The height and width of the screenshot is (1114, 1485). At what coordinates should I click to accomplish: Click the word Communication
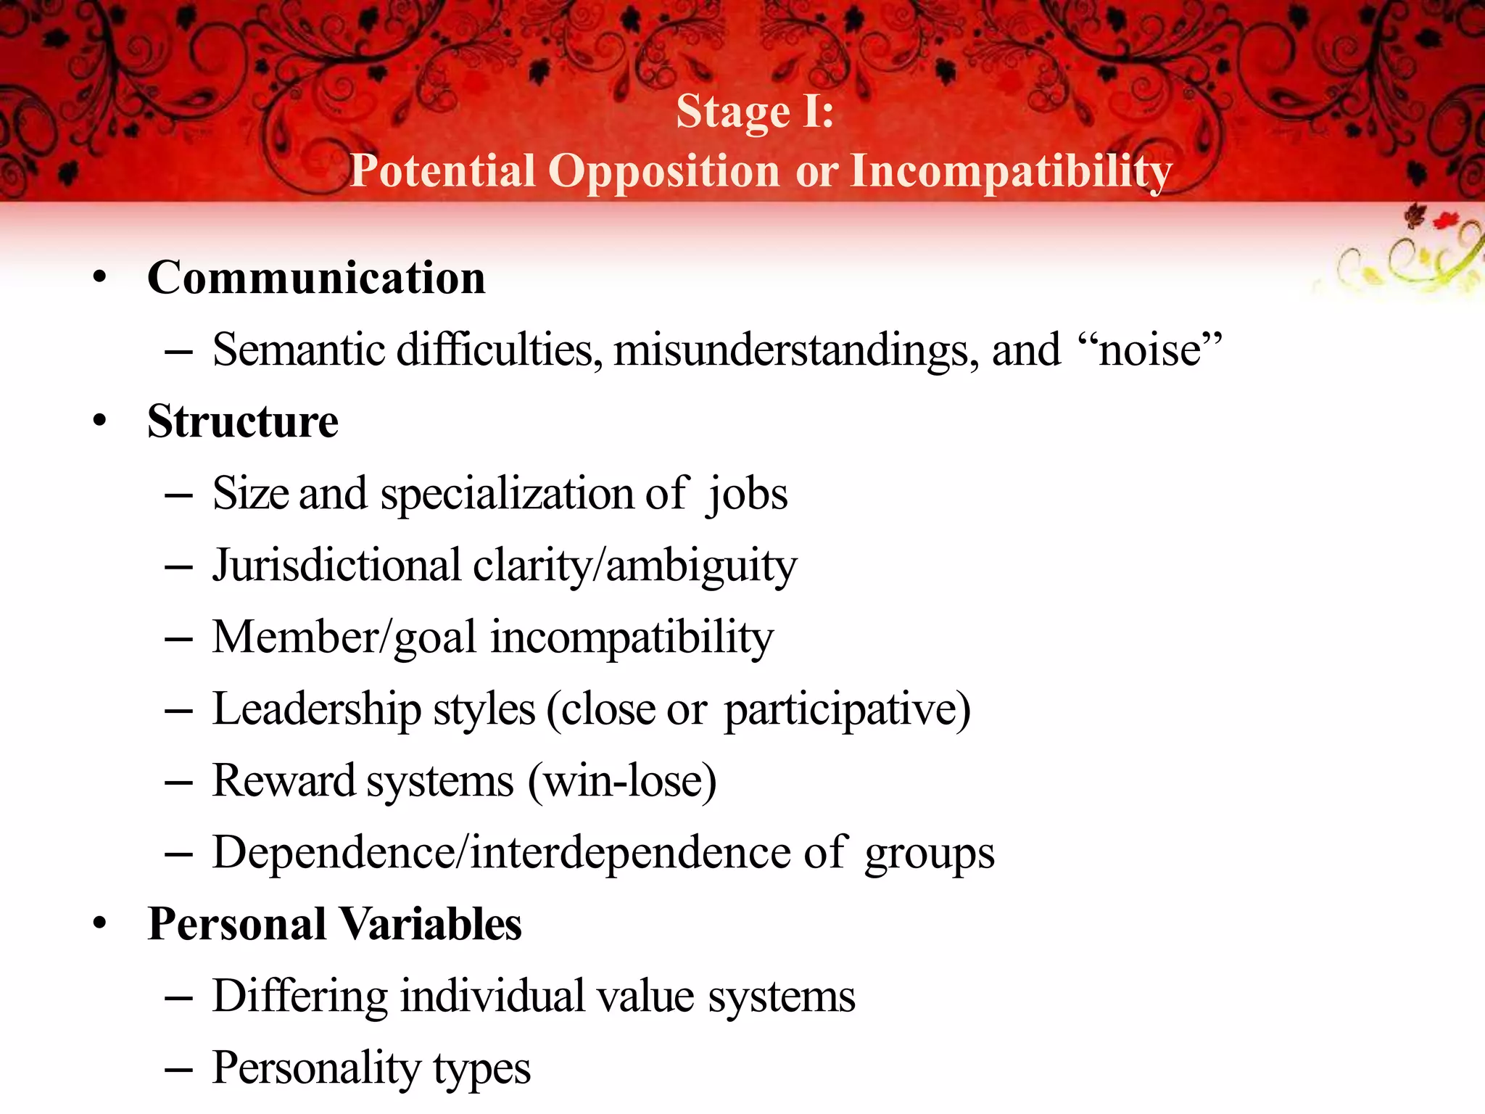click(316, 278)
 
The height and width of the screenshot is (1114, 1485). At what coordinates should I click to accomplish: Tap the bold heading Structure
click(242, 421)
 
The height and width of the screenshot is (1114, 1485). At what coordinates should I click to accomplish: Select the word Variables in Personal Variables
click(430, 924)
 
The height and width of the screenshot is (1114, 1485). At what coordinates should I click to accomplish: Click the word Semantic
click(298, 350)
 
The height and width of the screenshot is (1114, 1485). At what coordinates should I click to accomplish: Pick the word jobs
click(748, 495)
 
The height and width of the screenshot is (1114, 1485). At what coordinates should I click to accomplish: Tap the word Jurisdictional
click(336, 565)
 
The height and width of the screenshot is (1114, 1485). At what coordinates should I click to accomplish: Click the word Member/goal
click(344, 638)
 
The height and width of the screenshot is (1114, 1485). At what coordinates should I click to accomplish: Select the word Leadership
click(316, 709)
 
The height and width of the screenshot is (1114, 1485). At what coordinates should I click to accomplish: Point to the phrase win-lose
click(623, 781)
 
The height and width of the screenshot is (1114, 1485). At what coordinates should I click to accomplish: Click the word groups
click(929, 854)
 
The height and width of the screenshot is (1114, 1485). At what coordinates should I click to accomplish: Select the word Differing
click(300, 996)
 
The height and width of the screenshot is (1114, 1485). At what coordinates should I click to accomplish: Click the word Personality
click(316, 1068)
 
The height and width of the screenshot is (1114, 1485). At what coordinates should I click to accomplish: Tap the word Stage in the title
click(732, 112)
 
